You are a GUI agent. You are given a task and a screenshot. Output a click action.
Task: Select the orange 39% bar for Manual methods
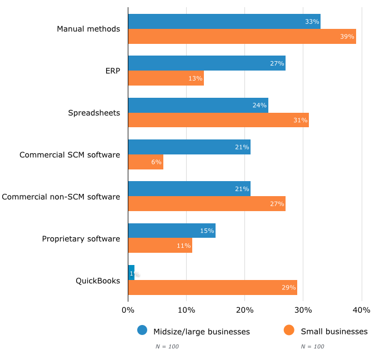pyautogui.click(x=242, y=37)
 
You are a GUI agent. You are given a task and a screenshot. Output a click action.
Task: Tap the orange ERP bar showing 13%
pyautogui.click(x=166, y=78)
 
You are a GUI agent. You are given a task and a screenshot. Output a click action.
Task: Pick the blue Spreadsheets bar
pyautogui.click(x=198, y=105)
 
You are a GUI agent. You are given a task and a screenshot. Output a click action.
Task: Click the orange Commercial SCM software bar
pyautogui.click(x=146, y=162)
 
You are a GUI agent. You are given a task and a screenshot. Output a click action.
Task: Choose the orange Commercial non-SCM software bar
pyautogui.click(x=207, y=204)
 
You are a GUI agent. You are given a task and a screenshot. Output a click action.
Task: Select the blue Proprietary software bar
pyautogui.click(x=172, y=231)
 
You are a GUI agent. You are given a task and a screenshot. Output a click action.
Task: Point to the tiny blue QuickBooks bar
pyautogui.click(x=131, y=272)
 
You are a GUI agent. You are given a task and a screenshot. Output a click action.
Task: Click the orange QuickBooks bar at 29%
pyautogui.click(x=212, y=287)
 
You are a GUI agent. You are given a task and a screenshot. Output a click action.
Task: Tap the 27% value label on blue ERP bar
pyautogui.click(x=277, y=63)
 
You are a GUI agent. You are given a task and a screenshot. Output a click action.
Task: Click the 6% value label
pyautogui.click(x=156, y=162)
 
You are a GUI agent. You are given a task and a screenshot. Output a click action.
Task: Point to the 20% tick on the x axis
pyautogui.click(x=245, y=310)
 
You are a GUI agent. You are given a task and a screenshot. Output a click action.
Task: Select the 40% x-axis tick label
pyautogui.click(x=362, y=310)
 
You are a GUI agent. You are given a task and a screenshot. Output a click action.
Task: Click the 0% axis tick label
pyautogui.click(x=128, y=310)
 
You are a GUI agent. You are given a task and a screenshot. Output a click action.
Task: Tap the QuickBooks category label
pyautogui.click(x=98, y=281)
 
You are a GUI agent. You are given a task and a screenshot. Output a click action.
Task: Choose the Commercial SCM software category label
pyautogui.click(x=69, y=154)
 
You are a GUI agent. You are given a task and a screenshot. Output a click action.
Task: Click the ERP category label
pyautogui.click(x=112, y=71)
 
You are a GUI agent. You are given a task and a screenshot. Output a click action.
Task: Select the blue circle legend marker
pyautogui.click(x=142, y=331)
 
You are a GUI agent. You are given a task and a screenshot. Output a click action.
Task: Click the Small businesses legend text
pyautogui.click(x=334, y=332)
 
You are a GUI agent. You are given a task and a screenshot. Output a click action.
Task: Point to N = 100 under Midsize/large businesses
pyautogui.click(x=167, y=347)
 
